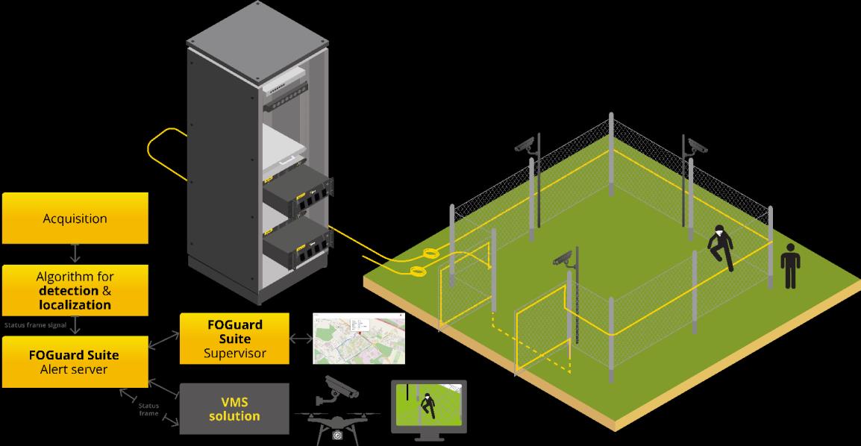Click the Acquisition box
tap(75, 219)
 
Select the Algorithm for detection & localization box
tap(75, 290)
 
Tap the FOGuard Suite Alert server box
tap(75, 362)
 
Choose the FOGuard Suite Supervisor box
tap(235, 339)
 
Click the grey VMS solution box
tap(234, 408)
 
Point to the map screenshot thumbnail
tap(359, 338)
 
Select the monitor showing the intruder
tap(428, 406)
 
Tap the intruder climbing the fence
tap(720, 248)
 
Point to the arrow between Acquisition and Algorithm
tap(75, 253)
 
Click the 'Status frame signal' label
tap(36, 325)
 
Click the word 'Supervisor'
tap(235, 353)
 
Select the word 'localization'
tap(75, 304)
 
